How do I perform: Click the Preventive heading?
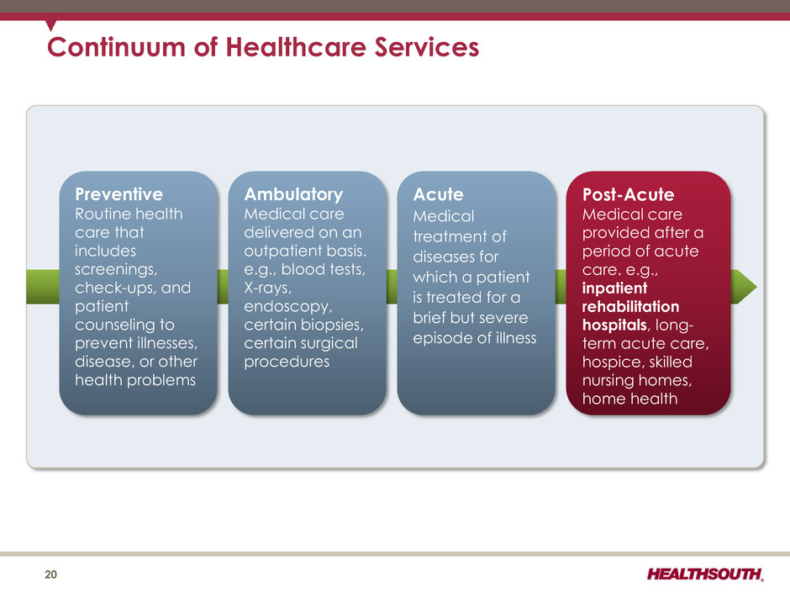(x=118, y=194)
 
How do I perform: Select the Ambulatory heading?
(x=293, y=194)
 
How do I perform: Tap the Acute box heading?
(x=439, y=194)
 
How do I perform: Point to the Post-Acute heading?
(x=629, y=194)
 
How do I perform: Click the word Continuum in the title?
(x=116, y=47)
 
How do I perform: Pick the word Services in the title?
(x=427, y=47)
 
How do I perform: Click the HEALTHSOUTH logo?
(x=705, y=574)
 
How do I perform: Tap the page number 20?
(x=51, y=574)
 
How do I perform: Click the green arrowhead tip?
(x=756, y=287)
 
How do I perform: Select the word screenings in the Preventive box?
(x=116, y=270)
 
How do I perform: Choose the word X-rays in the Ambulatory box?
(x=267, y=288)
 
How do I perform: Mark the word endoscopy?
(x=287, y=306)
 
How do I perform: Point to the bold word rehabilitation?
(x=631, y=306)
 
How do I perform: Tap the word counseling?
(x=124, y=326)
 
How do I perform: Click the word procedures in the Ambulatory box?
(x=287, y=362)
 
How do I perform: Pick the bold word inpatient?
(x=614, y=289)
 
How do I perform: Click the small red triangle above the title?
(x=50, y=24)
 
